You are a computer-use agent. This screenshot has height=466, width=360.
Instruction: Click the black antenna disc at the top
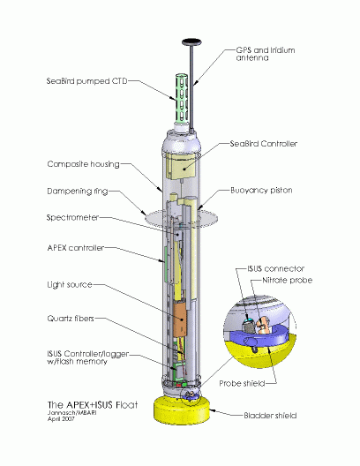point(191,42)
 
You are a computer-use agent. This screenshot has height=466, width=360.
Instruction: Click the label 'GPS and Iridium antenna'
point(266,54)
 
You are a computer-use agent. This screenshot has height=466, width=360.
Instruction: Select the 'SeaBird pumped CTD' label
point(86,81)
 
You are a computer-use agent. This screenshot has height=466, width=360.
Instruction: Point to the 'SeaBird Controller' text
point(264,144)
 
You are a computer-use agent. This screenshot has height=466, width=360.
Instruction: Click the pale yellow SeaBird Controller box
point(181,166)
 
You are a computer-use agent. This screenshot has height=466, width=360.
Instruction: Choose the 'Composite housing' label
point(83,164)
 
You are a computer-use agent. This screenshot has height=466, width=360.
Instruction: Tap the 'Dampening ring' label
point(78,191)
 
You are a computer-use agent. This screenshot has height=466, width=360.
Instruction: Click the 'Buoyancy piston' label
point(261,191)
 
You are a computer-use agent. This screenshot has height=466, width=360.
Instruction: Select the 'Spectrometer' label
point(72,217)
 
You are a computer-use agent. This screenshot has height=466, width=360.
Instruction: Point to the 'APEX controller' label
point(76,248)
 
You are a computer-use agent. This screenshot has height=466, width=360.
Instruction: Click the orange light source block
point(180,319)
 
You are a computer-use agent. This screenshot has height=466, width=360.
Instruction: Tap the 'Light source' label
point(70,285)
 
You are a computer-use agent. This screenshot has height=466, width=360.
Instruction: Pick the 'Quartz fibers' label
point(71,319)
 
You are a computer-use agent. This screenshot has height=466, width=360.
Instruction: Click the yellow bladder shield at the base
point(182,411)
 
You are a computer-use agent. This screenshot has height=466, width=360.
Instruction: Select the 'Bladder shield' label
point(270,416)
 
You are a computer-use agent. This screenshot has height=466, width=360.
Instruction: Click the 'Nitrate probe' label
point(288,281)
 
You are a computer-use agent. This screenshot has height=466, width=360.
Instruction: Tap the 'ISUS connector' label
point(276,268)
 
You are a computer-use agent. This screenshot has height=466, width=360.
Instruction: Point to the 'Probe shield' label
point(242,383)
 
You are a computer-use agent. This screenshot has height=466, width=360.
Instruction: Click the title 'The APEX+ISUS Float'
point(93,405)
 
